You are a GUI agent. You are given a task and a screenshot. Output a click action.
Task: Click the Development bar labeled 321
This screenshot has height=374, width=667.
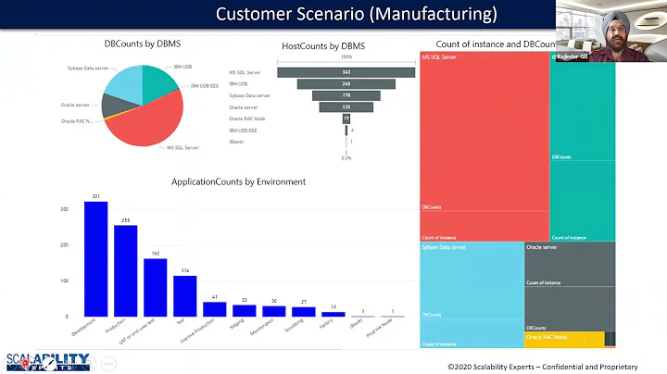coord(95,259)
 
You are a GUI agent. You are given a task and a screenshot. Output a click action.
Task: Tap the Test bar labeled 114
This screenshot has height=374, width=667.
coord(184,296)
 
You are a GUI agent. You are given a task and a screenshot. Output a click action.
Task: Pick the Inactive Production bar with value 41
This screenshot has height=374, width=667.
coord(214,309)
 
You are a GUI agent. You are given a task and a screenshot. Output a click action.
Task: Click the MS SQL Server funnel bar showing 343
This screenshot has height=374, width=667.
coord(346,72)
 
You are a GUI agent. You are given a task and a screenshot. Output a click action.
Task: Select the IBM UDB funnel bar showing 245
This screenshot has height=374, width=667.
coord(346,83)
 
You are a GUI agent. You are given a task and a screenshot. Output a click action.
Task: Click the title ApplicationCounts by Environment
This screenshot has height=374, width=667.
coord(238,181)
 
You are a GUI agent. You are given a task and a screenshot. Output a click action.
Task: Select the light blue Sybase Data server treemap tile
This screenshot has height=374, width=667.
coord(471,292)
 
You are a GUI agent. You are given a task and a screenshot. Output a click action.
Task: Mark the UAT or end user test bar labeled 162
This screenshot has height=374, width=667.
coord(155,287)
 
